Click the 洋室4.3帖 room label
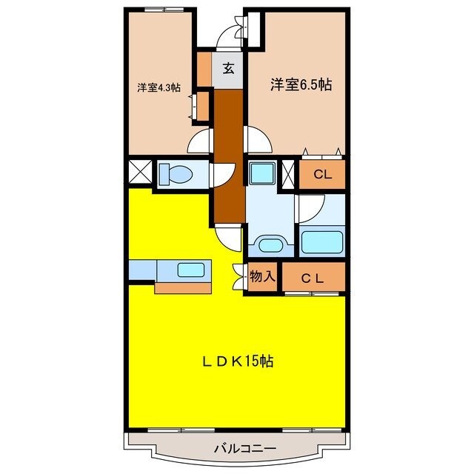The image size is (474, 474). click(x=158, y=87)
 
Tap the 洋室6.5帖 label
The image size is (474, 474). click(x=299, y=84)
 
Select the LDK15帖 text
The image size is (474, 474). click(x=239, y=361)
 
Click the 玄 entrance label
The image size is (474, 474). click(x=229, y=69)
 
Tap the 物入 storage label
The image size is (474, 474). click(x=262, y=277)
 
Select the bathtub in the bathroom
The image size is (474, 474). click(x=321, y=241)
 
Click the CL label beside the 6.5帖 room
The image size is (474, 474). click(x=321, y=176)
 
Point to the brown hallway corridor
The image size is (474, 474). click(x=229, y=156)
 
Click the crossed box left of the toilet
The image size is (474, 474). click(x=140, y=173)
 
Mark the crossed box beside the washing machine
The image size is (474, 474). click(x=288, y=173)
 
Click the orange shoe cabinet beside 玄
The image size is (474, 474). click(x=204, y=69)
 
